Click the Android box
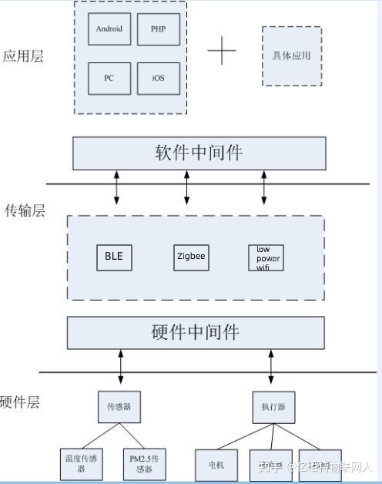pos(109,29)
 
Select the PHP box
pos(158,29)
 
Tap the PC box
pos(109,78)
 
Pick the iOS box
pos(158,78)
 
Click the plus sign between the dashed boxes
pos(222,51)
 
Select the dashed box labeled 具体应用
pos(292,57)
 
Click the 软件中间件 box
pos(199,153)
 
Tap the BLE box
pos(114,257)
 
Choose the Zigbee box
pos(190,257)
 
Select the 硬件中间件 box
pos(196,332)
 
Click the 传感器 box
pos(119,406)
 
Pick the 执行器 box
pos(273,406)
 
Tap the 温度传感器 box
pos(81,463)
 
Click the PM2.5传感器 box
pos(144,463)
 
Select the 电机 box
pos(216,465)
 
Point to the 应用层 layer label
pos(23,56)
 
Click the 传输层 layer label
pos(25,210)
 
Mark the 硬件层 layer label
pos(19,402)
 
